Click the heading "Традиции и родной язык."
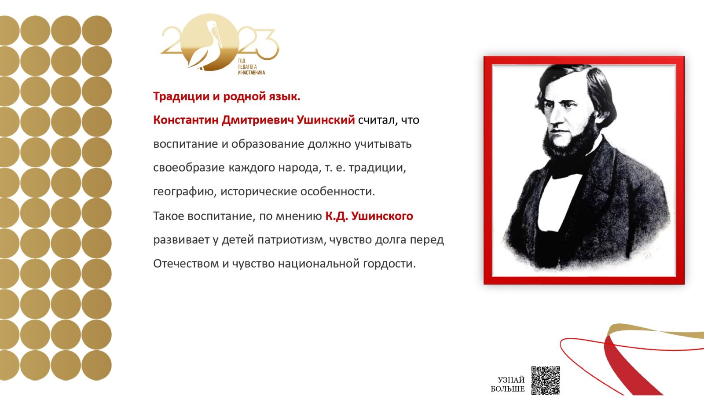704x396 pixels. point(227,96)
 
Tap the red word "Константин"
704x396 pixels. point(186,120)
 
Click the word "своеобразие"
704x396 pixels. point(189,168)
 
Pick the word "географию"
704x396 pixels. point(185,191)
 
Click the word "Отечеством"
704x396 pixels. point(186,264)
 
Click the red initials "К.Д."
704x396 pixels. point(336,216)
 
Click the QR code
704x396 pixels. point(545,380)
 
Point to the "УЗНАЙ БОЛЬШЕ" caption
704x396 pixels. point(508,385)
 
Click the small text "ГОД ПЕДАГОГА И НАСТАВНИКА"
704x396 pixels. point(251,66)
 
